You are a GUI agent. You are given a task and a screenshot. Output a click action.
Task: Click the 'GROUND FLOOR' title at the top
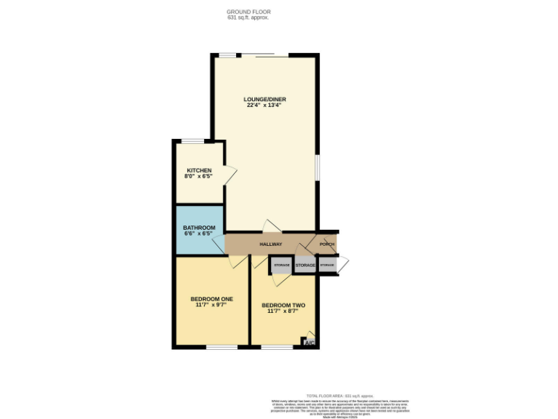[248, 12]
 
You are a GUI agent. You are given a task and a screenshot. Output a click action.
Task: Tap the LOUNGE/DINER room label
[264, 99]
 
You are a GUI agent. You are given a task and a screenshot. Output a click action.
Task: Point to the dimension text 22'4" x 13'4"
[264, 105]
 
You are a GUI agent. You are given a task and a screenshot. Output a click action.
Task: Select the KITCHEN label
[198, 170]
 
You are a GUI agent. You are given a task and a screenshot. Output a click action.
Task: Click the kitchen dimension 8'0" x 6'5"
[198, 176]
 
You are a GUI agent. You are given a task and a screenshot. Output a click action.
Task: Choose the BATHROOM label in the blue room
[198, 228]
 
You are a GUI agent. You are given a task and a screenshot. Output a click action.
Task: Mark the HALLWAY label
[270, 244]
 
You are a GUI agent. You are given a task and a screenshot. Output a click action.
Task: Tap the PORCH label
[326, 244]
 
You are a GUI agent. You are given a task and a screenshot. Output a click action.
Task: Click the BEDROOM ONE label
[211, 299]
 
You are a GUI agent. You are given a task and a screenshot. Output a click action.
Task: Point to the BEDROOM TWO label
[283, 305]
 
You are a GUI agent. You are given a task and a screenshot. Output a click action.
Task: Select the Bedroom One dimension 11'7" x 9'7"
[211, 305]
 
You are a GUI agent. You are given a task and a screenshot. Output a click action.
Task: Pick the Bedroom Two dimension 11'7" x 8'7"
[283, 311]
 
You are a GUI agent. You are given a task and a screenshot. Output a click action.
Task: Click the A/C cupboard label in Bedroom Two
[309, 343]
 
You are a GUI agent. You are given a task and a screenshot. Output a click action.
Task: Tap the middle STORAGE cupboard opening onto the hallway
[305, 266]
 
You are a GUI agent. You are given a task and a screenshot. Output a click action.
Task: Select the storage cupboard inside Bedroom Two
[282, 266]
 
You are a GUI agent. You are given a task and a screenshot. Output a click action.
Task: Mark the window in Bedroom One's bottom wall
[221, 347]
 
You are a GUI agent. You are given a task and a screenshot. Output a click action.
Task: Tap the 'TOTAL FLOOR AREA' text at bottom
[338, 395]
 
